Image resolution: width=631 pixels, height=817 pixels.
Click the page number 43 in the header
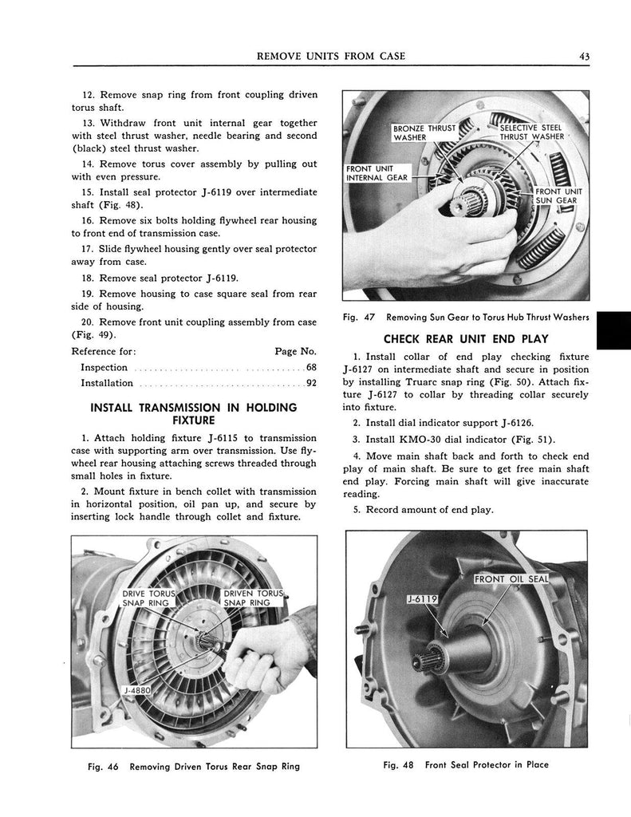tap(585, 55)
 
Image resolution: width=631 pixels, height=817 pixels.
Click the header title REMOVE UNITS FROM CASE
tap(327, 55)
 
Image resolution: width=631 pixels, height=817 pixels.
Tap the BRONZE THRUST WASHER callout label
tap(424, 132)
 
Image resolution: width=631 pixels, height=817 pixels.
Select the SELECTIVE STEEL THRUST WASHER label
tap(531, 132)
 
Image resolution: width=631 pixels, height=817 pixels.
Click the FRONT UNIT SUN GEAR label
tap(558, 196)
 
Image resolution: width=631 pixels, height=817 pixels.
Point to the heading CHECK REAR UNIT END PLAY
tap(467, 339)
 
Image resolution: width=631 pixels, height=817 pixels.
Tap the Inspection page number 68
tap(312, 368)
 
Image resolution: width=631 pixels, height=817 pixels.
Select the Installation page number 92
tap(312, 383)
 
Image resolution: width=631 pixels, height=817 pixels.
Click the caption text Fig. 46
tap(103, 766)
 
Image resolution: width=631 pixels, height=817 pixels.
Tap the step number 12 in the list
tap(89, 95)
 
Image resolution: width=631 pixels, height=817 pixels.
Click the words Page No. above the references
tap(295, 351)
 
